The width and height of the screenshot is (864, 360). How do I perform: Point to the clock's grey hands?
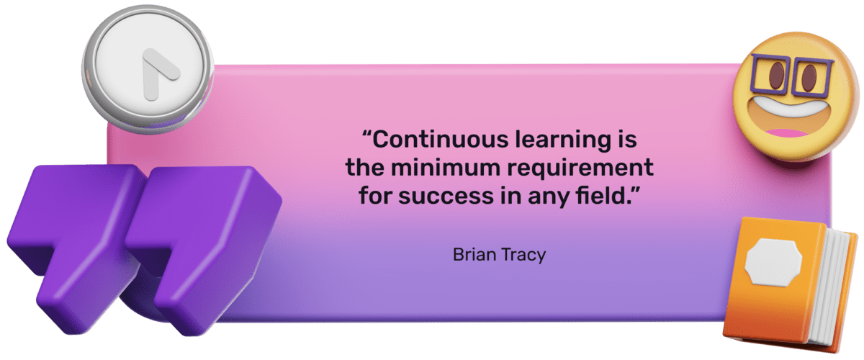[x=157, y=72]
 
